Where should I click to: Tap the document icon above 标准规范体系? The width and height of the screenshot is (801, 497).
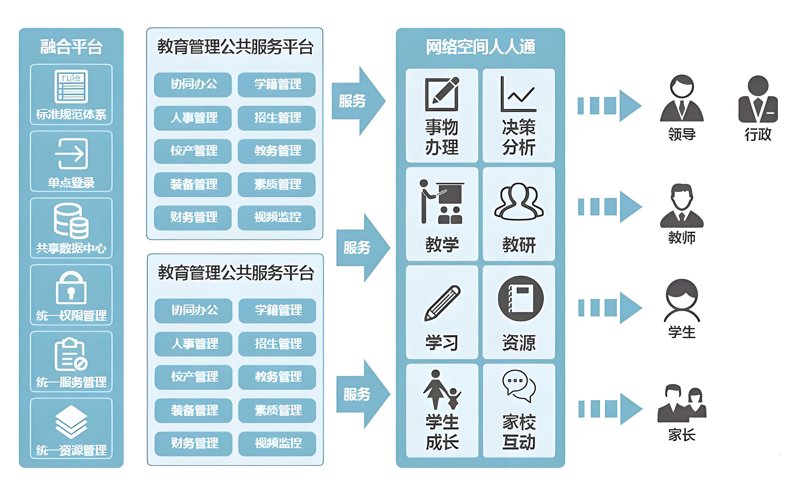pyautogui.click(x=71, y=86)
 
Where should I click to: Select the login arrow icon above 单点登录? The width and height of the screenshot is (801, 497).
pyautogui.click(x=71, y=154)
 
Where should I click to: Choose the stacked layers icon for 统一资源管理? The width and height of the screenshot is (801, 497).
pyautogui.click(x=71, y=422)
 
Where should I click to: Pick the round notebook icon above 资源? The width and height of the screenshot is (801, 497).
pyautogui.click(x=521, y=298)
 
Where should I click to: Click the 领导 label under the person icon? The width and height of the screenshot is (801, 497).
pyautogui.click(x=682, y=134)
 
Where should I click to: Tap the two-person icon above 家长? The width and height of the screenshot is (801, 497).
pyautogui.click(x=682, y=403)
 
